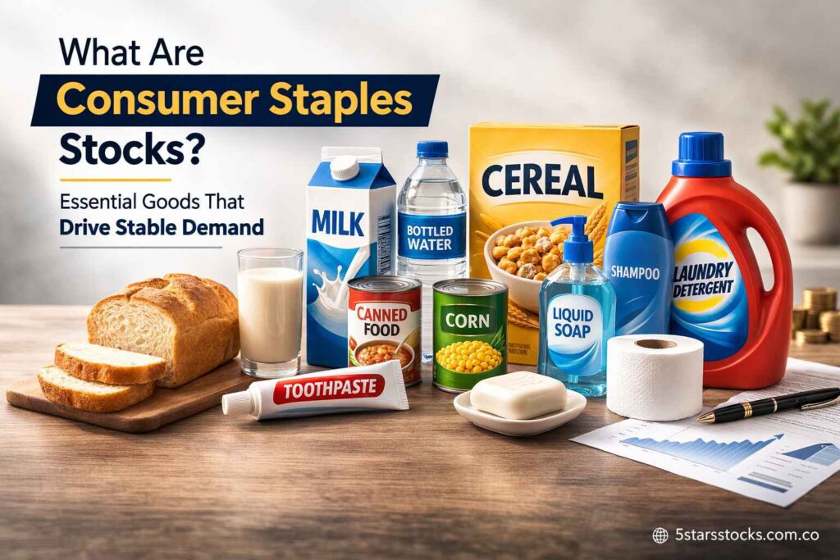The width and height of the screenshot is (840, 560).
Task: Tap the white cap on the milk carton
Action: click(345, 168)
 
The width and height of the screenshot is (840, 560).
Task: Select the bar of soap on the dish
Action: click(518, 394)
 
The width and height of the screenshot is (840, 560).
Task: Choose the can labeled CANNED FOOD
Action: click(384, 328)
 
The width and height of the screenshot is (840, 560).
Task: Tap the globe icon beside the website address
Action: click(660, 535)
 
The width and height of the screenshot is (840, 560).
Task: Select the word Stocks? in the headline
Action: click(123, 150)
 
